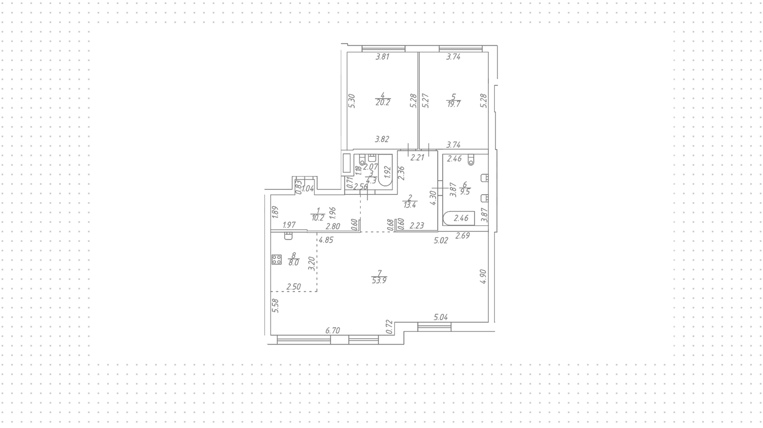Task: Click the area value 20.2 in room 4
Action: point(383,102)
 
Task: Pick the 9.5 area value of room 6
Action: point(465,191)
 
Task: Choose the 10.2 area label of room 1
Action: point(318,217)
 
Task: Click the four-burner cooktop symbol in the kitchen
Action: point(277,260)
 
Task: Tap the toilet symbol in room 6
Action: point(471,159)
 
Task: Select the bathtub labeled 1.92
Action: point(385,171)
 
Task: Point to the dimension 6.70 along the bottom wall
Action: point(333,330)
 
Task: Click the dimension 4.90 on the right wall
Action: point(483,276)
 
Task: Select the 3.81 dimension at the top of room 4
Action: point(382,57)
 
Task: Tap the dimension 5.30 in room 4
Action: point(351,101)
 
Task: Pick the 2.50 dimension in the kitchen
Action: point(294,287)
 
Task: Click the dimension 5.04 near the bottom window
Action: point(441,317)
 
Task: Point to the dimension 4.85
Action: point(326,240)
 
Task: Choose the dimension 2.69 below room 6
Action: point(463,235)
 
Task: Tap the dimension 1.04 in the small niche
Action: point(308,189)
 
